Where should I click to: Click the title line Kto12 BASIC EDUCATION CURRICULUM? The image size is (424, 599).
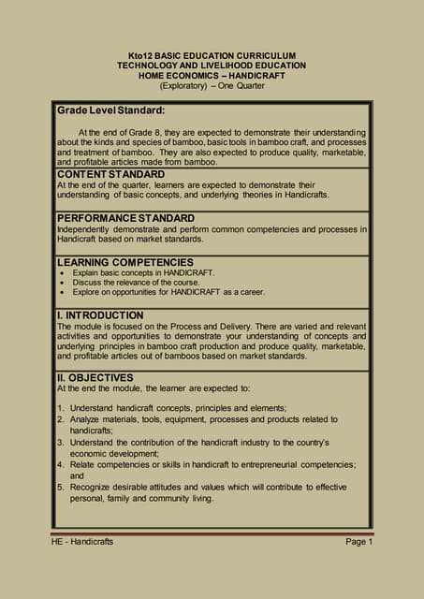pos(211,56)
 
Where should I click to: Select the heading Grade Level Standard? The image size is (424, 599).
pos(111,110)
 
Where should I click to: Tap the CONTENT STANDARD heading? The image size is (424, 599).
pos(110,174)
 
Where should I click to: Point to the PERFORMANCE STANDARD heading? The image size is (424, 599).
pos(125,218)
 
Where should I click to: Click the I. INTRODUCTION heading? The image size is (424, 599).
pos(100,315)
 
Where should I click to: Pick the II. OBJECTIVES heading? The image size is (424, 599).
pos(95,377)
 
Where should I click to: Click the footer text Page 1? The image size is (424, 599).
pos(358,542)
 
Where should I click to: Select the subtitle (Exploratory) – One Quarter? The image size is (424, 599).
pos(211,87)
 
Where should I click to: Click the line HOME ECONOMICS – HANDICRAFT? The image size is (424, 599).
pos(211,77)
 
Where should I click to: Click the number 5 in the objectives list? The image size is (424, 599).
pos(60,487)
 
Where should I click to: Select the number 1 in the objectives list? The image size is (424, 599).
pos(60,409)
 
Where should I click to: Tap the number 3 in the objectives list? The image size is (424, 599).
pos(60,442)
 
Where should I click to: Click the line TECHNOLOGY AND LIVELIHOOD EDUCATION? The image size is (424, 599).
pos(211,66)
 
